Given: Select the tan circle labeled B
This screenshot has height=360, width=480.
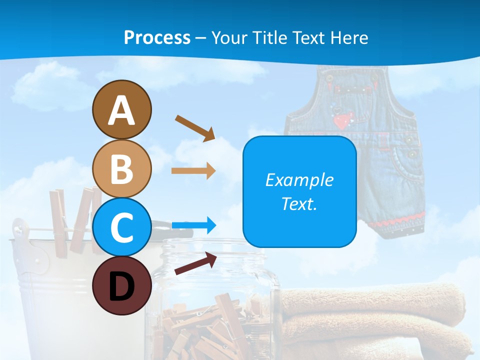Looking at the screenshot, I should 121,169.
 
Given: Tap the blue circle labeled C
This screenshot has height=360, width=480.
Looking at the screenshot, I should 121,227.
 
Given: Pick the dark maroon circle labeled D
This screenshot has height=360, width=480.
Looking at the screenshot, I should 121,285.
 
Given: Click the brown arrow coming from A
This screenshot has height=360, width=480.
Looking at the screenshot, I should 195,127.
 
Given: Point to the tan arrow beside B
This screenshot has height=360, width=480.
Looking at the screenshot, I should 193,171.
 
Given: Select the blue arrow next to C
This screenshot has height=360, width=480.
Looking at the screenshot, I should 193,225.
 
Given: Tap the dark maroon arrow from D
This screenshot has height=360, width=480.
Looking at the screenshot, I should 195,263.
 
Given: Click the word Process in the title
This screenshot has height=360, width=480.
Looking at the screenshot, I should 157,37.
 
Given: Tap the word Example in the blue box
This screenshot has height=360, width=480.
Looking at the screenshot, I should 299,180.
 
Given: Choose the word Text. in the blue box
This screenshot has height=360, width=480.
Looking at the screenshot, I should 299,203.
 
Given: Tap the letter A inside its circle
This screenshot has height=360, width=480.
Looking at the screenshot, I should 121,110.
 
